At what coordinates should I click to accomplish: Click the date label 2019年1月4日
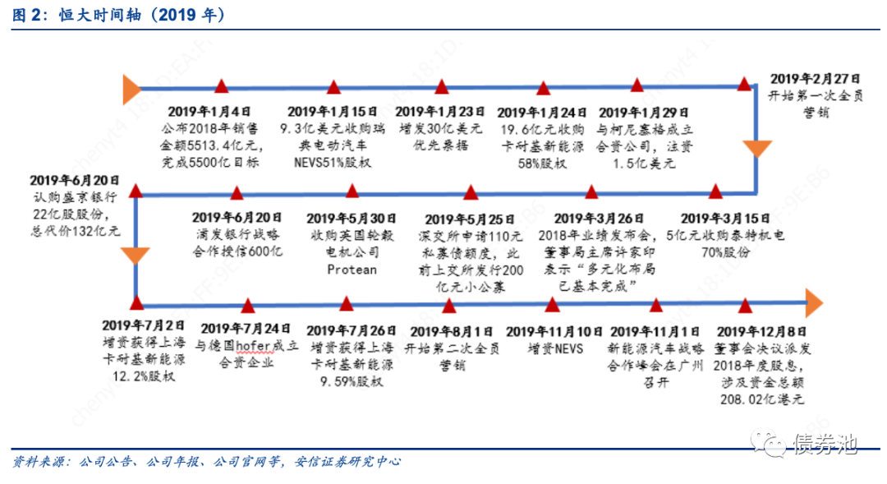(x=209, y=111)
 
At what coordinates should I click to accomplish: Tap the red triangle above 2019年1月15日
(x=333, y=86)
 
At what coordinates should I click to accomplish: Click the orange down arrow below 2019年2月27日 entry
(x=757, y=149)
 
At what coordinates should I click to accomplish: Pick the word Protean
(x=352, y=269)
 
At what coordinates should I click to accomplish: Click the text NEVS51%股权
(x=333, y=162)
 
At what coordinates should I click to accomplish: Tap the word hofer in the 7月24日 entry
(x=246, y=346)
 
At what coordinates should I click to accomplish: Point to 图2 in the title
(x=26, y=16)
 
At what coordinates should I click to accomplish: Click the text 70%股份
(x=725, y=252)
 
